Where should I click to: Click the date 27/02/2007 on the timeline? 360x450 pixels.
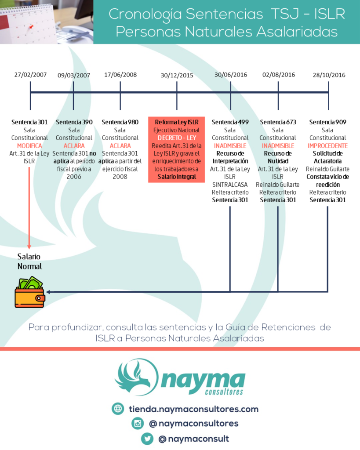coord(30,75)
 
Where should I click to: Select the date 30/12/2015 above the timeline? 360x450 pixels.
coord(177,75)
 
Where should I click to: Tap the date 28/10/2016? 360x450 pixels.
coord(328,75)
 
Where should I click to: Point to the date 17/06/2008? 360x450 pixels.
coord(120,74)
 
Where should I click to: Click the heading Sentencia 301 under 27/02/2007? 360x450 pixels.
coord(29,122)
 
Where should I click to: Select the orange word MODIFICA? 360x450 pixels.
coord(29,145)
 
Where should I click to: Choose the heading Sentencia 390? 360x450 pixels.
coord(74,122)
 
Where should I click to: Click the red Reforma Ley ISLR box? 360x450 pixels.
coord(176,150)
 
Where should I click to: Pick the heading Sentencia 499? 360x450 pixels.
coord(230,122)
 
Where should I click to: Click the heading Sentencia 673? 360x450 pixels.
coord(278,122)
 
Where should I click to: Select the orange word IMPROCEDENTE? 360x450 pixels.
coord(327,145)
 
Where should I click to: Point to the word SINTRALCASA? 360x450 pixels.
coord(230,185)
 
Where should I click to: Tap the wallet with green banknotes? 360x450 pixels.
coord(29,292)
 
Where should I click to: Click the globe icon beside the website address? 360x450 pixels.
coord(118,409)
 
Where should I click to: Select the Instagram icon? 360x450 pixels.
coord(138,424)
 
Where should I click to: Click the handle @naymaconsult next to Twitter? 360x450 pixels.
coord(193,439)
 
